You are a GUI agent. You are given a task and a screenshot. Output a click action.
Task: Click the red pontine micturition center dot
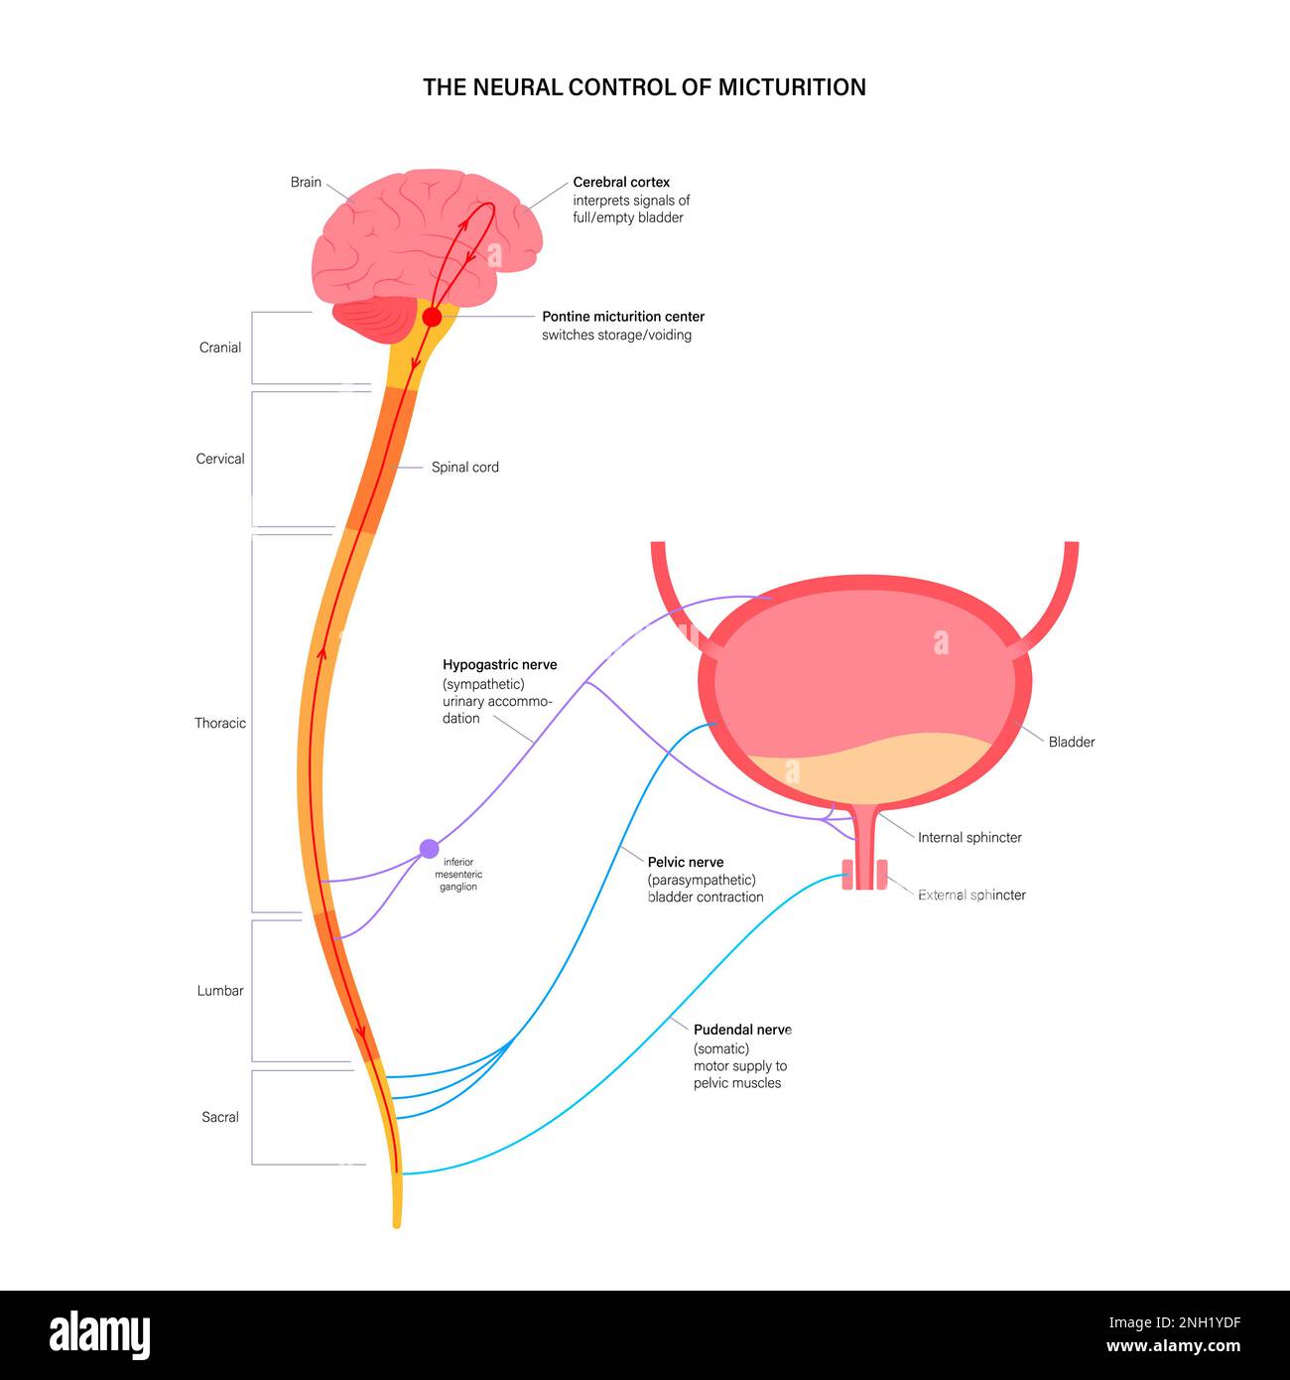[432, 317]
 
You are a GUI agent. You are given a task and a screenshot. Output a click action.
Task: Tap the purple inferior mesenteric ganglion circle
[429, 849]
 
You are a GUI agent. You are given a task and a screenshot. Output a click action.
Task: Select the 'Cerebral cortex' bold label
[621, 183]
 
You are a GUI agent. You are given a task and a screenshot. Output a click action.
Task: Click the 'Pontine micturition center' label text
[623, 317]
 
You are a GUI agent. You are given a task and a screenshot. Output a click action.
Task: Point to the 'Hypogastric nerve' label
[499, 665]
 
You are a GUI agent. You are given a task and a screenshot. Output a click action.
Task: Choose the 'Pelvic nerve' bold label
[686, 863]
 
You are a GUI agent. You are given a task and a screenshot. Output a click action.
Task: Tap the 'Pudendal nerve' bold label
[742, 1031]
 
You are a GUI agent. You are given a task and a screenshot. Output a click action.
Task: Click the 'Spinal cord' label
[464, 468]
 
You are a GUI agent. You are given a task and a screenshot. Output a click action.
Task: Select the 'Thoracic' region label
[220, 724]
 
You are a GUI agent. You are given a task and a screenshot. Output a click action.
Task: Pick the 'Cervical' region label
[220, 460]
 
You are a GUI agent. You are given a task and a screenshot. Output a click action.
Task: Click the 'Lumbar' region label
[220, 991]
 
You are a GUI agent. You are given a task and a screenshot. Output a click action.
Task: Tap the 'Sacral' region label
[220, 1118]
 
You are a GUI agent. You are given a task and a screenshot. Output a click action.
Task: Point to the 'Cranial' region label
[220, 348]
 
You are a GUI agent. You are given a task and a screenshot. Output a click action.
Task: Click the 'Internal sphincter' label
[969, 838]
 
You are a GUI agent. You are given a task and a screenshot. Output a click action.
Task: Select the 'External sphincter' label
[971, 896]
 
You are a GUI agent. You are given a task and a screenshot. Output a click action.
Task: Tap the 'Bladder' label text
[1072, 743]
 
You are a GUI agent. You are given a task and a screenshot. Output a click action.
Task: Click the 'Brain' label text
[306, 183]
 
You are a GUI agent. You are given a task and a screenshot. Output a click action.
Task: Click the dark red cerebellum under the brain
[375, 320]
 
